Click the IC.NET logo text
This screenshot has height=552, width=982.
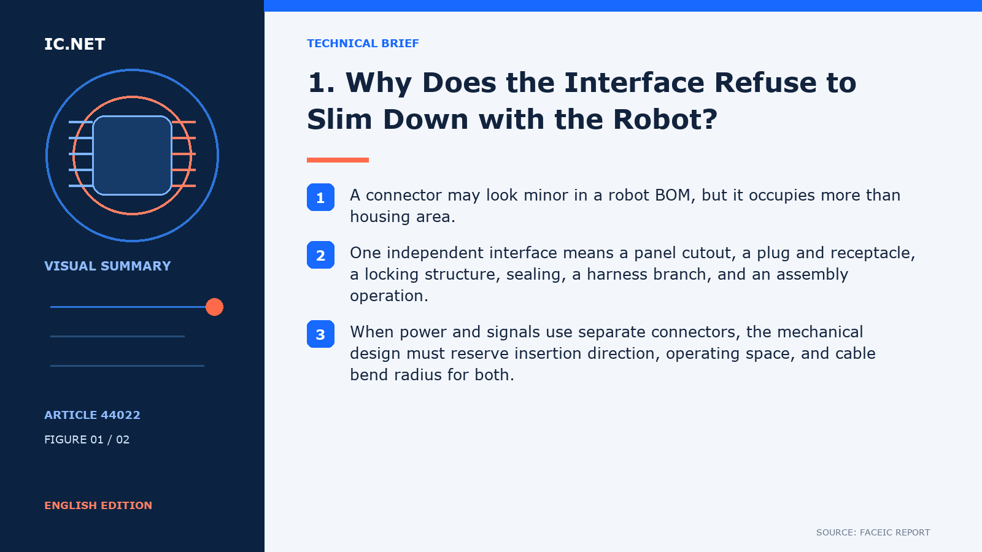click(x=74, y=44)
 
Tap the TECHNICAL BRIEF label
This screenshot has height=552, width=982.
click(x=363, y=44)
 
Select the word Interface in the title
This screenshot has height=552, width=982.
click(x=634, y=82)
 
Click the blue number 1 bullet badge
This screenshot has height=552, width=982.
click(x=320, y=197)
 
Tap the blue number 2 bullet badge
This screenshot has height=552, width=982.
click(x=320, y=255)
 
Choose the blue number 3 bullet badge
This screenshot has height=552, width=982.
click(x=320, y=334)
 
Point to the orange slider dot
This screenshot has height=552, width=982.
click(x=214, y=307)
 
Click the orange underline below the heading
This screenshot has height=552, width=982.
click(x=338, y=160)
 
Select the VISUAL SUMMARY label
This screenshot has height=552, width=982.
click(x=107, y=266)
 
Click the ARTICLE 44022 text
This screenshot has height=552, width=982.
click(x=92, y=415)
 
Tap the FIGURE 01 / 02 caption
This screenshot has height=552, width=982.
click(x=87, y=439)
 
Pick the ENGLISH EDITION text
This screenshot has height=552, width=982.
click(x=98, y=505)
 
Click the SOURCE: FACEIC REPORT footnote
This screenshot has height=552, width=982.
click(x=873, y=532)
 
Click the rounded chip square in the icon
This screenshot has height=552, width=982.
click(x=132, y=156)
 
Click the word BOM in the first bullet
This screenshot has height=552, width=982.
click(x=675, y=195)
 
